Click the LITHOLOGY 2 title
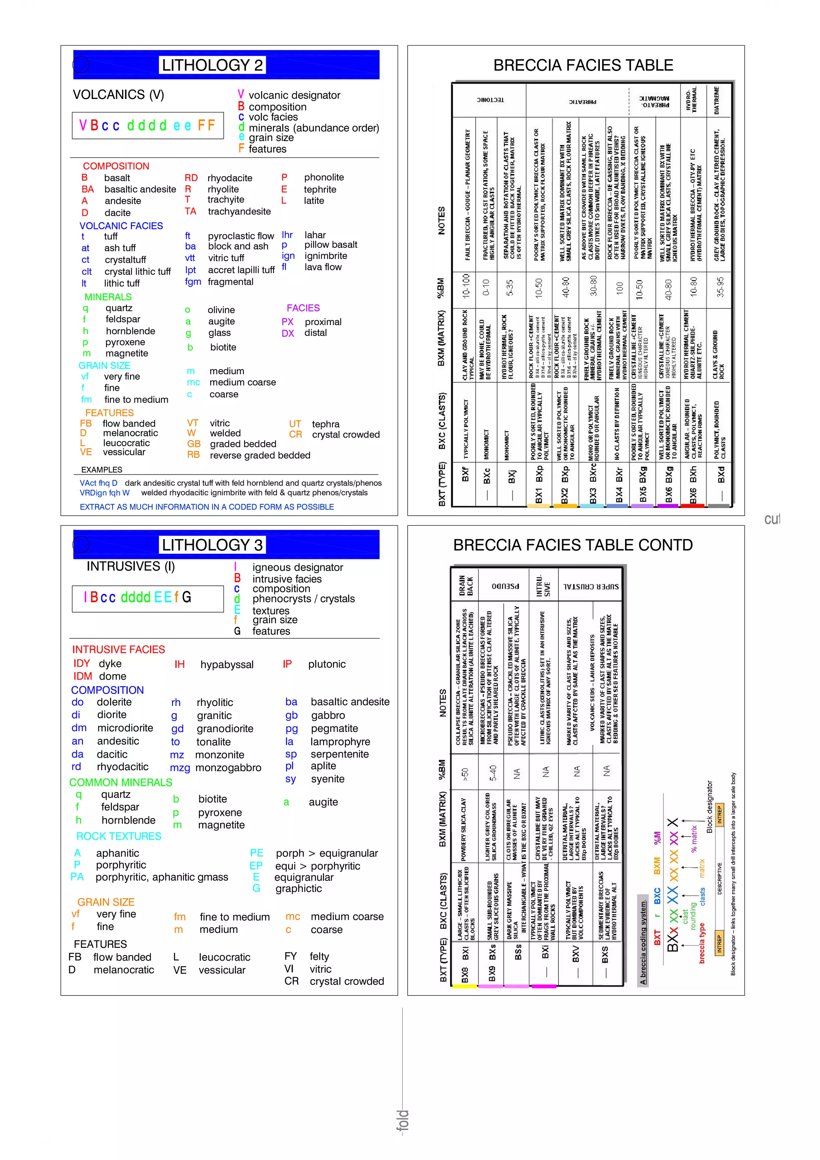coord(212,65)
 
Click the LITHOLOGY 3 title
coord(212,545)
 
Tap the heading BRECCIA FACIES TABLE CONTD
coord(573,545)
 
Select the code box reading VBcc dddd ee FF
coord(147,125)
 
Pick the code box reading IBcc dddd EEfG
coord(147,598)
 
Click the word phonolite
coord(324,177)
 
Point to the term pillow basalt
coord(330,245)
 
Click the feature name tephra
coord(326,424)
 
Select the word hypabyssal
coord(227,664)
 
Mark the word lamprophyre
coord(340,742)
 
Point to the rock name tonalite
coord(213,742)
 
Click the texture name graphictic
coord(299,888)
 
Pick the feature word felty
coord(319,957)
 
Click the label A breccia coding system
coord(643,942)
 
